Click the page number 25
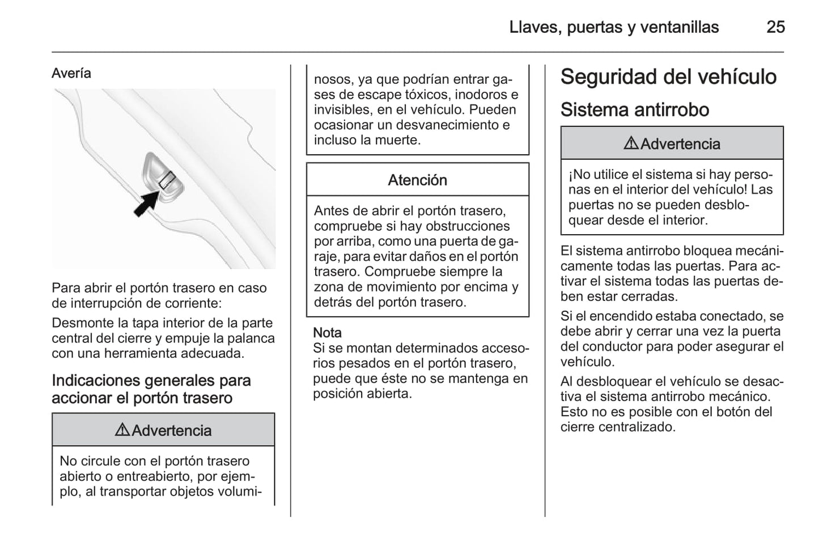pyautogui.click(x=775, y=27)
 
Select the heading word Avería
pyautogui.click(x=71, y=73)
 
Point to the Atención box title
pyautogui.click(x=417, y=180)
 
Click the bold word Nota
pyautogui.click(x=327, y=333)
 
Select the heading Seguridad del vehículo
pyautogui.click(x=668, y=77)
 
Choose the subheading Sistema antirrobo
pyautogui.click(x=634, y=109)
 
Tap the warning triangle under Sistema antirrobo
pyautogui.click(x=631, y=143)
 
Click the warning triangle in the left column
pyautogui.click(x=122, y=430)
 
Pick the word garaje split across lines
pyautogui.click(x=507, y=241)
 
